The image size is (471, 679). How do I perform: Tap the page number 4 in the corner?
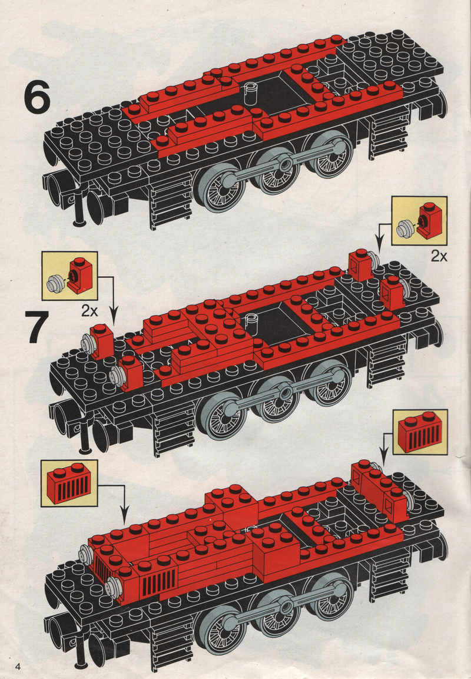18,666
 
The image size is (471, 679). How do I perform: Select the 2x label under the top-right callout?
439,256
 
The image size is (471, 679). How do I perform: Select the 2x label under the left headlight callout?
89,310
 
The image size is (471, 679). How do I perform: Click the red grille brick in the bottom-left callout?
69,483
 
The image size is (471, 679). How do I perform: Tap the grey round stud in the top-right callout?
405,228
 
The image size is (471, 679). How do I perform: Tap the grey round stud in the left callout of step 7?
55,282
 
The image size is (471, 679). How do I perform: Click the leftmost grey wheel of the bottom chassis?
221,631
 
